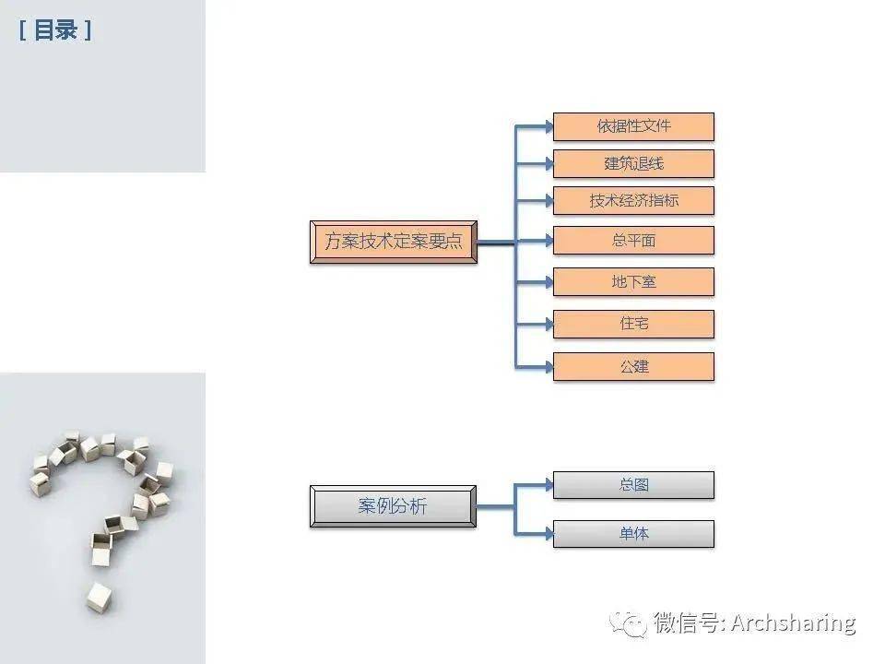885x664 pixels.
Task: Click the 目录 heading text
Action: pyautogui.click(x=55, y=30)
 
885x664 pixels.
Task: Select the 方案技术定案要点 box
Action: pyautogui.click(x=394, y=242)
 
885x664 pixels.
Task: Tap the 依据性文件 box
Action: pyautogui.click(x=633, y=126)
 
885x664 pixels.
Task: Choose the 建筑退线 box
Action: pyautogui.click(x=633, y=164)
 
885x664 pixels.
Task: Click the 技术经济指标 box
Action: pyautogui.click(x=633, y=200)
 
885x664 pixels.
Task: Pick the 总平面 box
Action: pyautogui.click(x=633, y=241)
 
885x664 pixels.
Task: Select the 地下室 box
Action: pyautogui.click(x=633, y=282)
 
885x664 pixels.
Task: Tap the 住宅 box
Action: pyautogui.click(x=633, y=324)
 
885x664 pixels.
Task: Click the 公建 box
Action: pyautogui.click(x=633, y=366)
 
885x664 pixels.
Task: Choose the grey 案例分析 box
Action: pyautogui.click(x=393, y=506)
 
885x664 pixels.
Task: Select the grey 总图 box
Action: pyautogui.click(x=633, y=485)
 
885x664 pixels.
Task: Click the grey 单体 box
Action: pyautogui.click(x=633, y=534)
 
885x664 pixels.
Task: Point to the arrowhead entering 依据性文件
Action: pyautogui.click(x=549, y=126)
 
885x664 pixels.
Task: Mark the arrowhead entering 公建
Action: pyautogui.click(x=549, y=367)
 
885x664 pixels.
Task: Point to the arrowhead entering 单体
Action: pyautogui.click(x=549, y=534)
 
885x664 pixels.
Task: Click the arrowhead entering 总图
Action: pyautogui.click(x=549, y=484)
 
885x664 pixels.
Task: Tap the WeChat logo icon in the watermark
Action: pyautogui.click(x=628, y=624)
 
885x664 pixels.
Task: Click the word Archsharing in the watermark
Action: pyautogui.click(x=793, y=622)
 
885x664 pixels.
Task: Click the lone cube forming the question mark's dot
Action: pyautogui.click(x=99, y=598)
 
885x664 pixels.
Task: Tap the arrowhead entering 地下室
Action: pyautogui.click(x=549, y=282)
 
